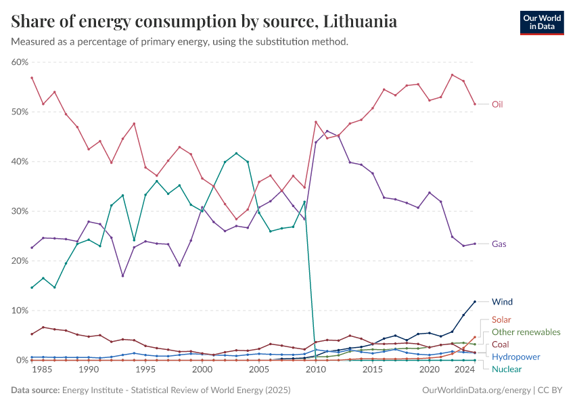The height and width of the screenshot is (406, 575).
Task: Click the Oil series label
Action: tap(497, 104)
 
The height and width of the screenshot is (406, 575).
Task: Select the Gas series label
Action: tap(499, 244)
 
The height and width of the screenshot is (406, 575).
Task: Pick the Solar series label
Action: tap(501, 319)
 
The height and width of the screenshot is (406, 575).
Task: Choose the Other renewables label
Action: tap(526, 332)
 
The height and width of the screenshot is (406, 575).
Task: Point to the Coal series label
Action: tap(501, 344)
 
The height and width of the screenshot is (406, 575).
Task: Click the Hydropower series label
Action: tap(515, 357)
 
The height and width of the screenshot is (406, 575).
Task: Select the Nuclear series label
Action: tap(507, 369)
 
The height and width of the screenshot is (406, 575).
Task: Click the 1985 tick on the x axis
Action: tap(43, 371)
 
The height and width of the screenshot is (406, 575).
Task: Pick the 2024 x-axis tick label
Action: tap(465, 371)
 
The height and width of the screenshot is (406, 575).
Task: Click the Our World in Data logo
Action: tap(541, 22)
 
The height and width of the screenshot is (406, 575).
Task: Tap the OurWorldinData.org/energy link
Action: tap(476, 390)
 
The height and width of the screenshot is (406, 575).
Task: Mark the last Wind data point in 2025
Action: tap(475, 302)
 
